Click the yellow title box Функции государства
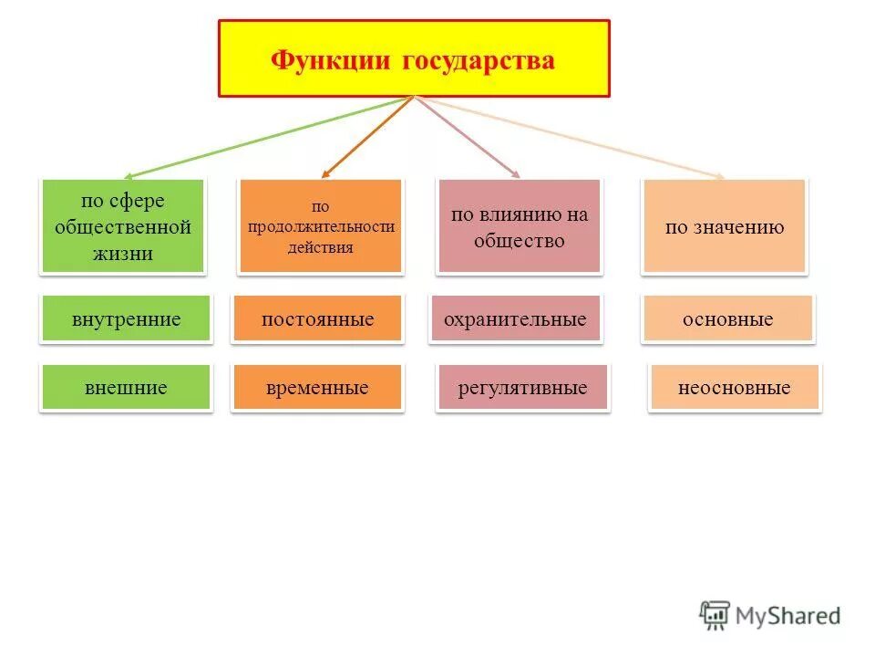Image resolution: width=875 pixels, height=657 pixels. [x=414, y=58]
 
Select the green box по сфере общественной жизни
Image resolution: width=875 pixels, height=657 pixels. [x=122, y=227]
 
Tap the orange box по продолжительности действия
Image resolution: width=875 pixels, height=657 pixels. [x=320, y=227]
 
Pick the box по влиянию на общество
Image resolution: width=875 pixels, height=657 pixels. [x=520, y=227]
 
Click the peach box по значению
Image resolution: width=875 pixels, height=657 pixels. [x=724, y=227]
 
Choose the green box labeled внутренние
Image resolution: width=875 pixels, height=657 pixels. [x=126, y=319]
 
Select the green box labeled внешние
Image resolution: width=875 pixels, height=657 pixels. [x=126, y=388]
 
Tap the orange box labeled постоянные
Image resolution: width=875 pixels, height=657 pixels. [x=317, y=319]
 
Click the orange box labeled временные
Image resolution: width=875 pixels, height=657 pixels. [x=317, y=388]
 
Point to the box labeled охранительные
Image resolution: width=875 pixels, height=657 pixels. [x=515, y=319]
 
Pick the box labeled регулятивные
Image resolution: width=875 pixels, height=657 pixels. [x=522, y=388]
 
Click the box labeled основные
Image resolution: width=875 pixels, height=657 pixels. [x=727, y=319]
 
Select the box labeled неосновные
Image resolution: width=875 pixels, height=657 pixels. [x=734, y=388]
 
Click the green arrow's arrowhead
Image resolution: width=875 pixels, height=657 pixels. [x=129, y=176]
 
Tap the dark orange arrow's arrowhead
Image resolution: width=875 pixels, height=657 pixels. [x=324, y=173]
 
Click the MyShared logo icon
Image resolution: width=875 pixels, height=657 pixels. [x=715, y=614]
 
